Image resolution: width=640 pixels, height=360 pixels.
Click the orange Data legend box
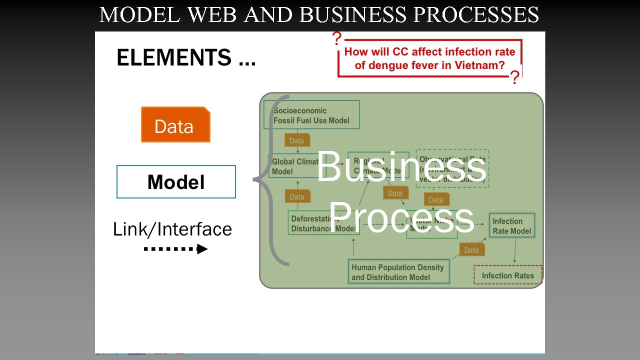(x=175, y=125)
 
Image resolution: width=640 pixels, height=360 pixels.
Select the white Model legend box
(x=176, y=182)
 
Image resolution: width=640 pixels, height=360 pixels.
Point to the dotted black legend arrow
(x=175, y=248)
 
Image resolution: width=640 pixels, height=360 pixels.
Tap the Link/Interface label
(x=172, y=229)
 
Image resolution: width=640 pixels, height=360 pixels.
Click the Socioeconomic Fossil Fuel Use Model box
(x=311, y=115)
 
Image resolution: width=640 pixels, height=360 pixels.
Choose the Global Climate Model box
(x=294, y=166)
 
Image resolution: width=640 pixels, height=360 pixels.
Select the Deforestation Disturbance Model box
(x=323, y=223)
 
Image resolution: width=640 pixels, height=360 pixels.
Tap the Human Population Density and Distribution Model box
(x=398, y=272)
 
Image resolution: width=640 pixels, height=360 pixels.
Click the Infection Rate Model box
(x=511, y=226)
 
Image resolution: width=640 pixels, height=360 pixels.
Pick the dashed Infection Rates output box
(x=507, y=275)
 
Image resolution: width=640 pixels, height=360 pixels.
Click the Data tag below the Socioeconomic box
(x=297, y=140)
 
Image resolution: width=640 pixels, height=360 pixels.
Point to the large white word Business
(x=401, y=167)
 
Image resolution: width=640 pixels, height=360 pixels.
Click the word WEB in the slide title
(x=212, y=15)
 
